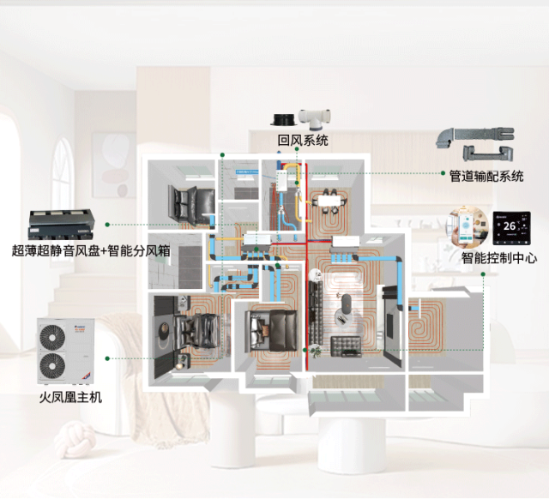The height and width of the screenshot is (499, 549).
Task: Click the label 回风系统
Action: click(303, 140)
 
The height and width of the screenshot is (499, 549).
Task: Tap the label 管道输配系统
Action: click(486, 176)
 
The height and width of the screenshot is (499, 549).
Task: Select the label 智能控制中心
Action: click(499, 258)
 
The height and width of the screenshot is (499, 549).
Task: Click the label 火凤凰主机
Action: click(70, 397)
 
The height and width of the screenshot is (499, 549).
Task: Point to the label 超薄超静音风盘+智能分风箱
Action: click(91, 250)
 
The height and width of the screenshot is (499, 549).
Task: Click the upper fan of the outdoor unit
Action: click(52, 337)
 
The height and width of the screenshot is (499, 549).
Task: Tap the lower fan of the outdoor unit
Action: click(52, 366)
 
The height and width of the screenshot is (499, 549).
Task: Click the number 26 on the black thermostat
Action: click(510, 226)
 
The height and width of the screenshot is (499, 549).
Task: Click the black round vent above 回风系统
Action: click(283, 120)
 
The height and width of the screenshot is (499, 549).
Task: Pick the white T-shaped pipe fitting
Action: click(314, 119)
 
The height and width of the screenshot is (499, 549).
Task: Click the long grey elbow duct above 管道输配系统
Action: click(474, 137)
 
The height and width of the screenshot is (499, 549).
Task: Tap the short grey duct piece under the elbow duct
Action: click(488, 153)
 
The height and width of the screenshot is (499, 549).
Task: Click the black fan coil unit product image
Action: click(61, 225)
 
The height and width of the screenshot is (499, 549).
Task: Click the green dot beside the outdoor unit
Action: click(107, 358)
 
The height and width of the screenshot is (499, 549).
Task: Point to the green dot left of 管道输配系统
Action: click(443, 173)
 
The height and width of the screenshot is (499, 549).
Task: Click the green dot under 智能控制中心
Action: click(483, 274)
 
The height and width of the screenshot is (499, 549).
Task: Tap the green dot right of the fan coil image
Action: click(107, 225)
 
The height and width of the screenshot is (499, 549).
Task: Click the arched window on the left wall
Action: click(63, 175)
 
